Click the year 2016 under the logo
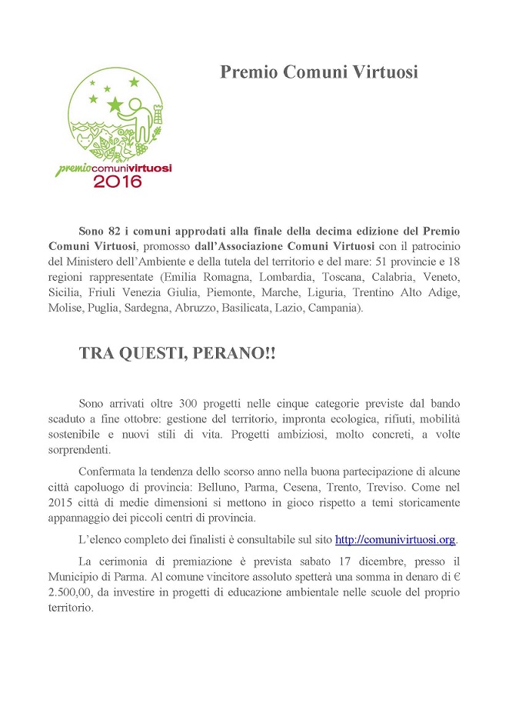point(118,182)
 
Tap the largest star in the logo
point(115,104)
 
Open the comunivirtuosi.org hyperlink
point(395,539)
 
